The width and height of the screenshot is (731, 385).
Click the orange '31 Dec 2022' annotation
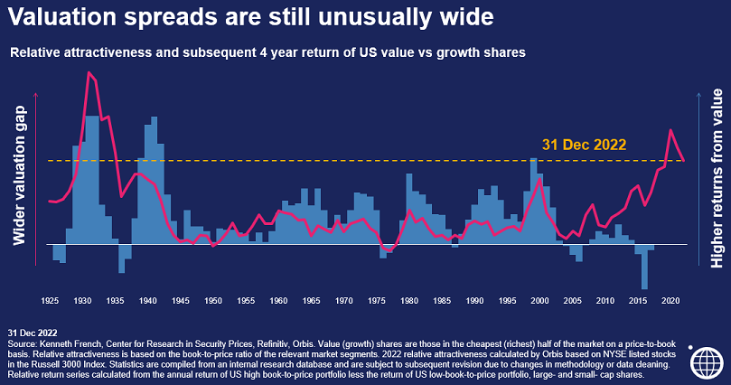click(584, 144)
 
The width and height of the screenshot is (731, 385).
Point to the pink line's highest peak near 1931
click(89, 72)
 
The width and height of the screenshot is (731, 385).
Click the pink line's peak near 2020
click(670, 130)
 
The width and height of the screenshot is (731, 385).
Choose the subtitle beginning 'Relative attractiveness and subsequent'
click(267, 53)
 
